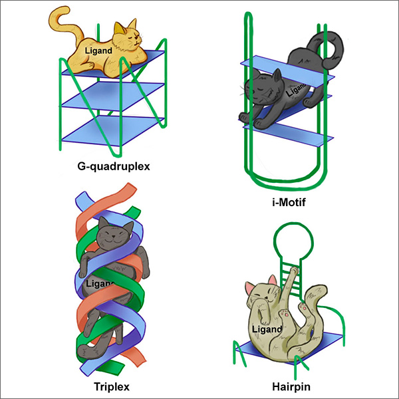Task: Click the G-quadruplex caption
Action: click(113, 166)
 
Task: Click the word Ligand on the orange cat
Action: click(99, 50)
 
